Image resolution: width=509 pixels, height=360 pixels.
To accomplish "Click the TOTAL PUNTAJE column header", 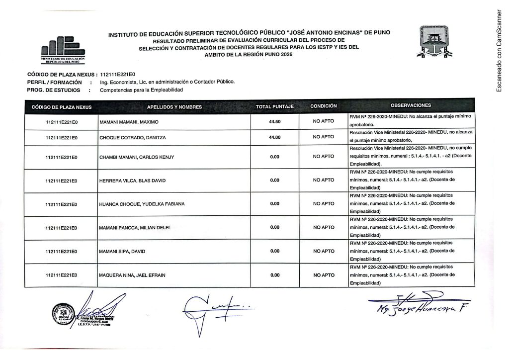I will pos(274,107).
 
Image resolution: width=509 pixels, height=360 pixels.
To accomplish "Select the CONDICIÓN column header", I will pos(323,106).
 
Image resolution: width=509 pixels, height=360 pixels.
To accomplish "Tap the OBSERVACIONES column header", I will pos(411,106).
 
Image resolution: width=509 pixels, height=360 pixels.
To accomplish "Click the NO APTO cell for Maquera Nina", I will pos(323,275).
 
